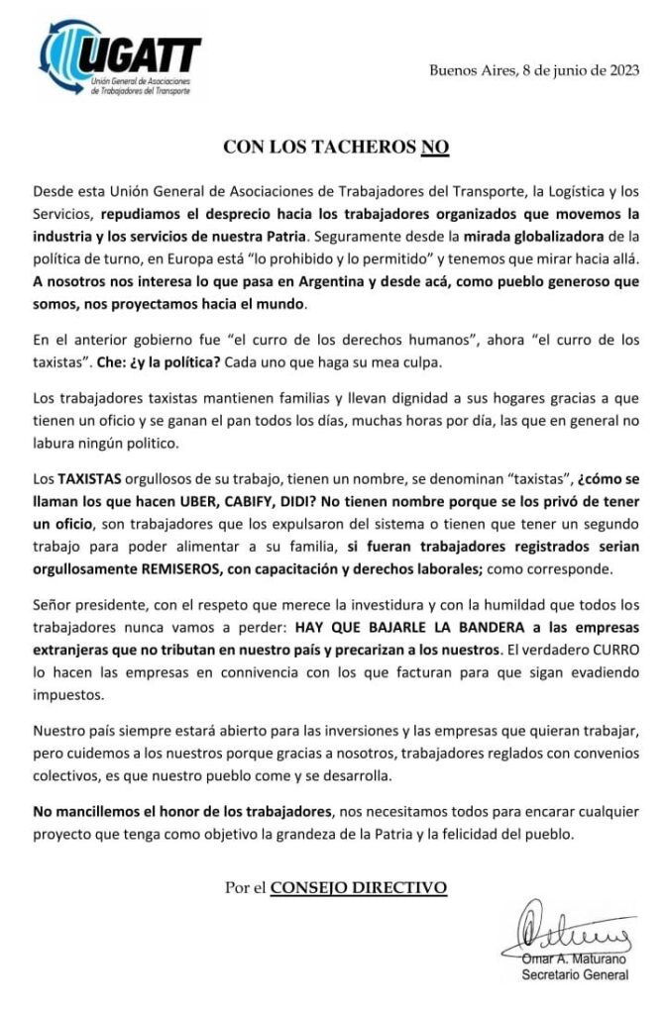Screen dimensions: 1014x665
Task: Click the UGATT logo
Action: (x=120, y=58)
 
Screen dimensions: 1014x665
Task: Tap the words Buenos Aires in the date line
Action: (x=467, y=70)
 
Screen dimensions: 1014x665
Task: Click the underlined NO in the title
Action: (x=435, y=148)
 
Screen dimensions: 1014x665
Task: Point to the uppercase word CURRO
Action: (x=609, y=651)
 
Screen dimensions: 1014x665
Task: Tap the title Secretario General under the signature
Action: (x=575, y=975)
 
